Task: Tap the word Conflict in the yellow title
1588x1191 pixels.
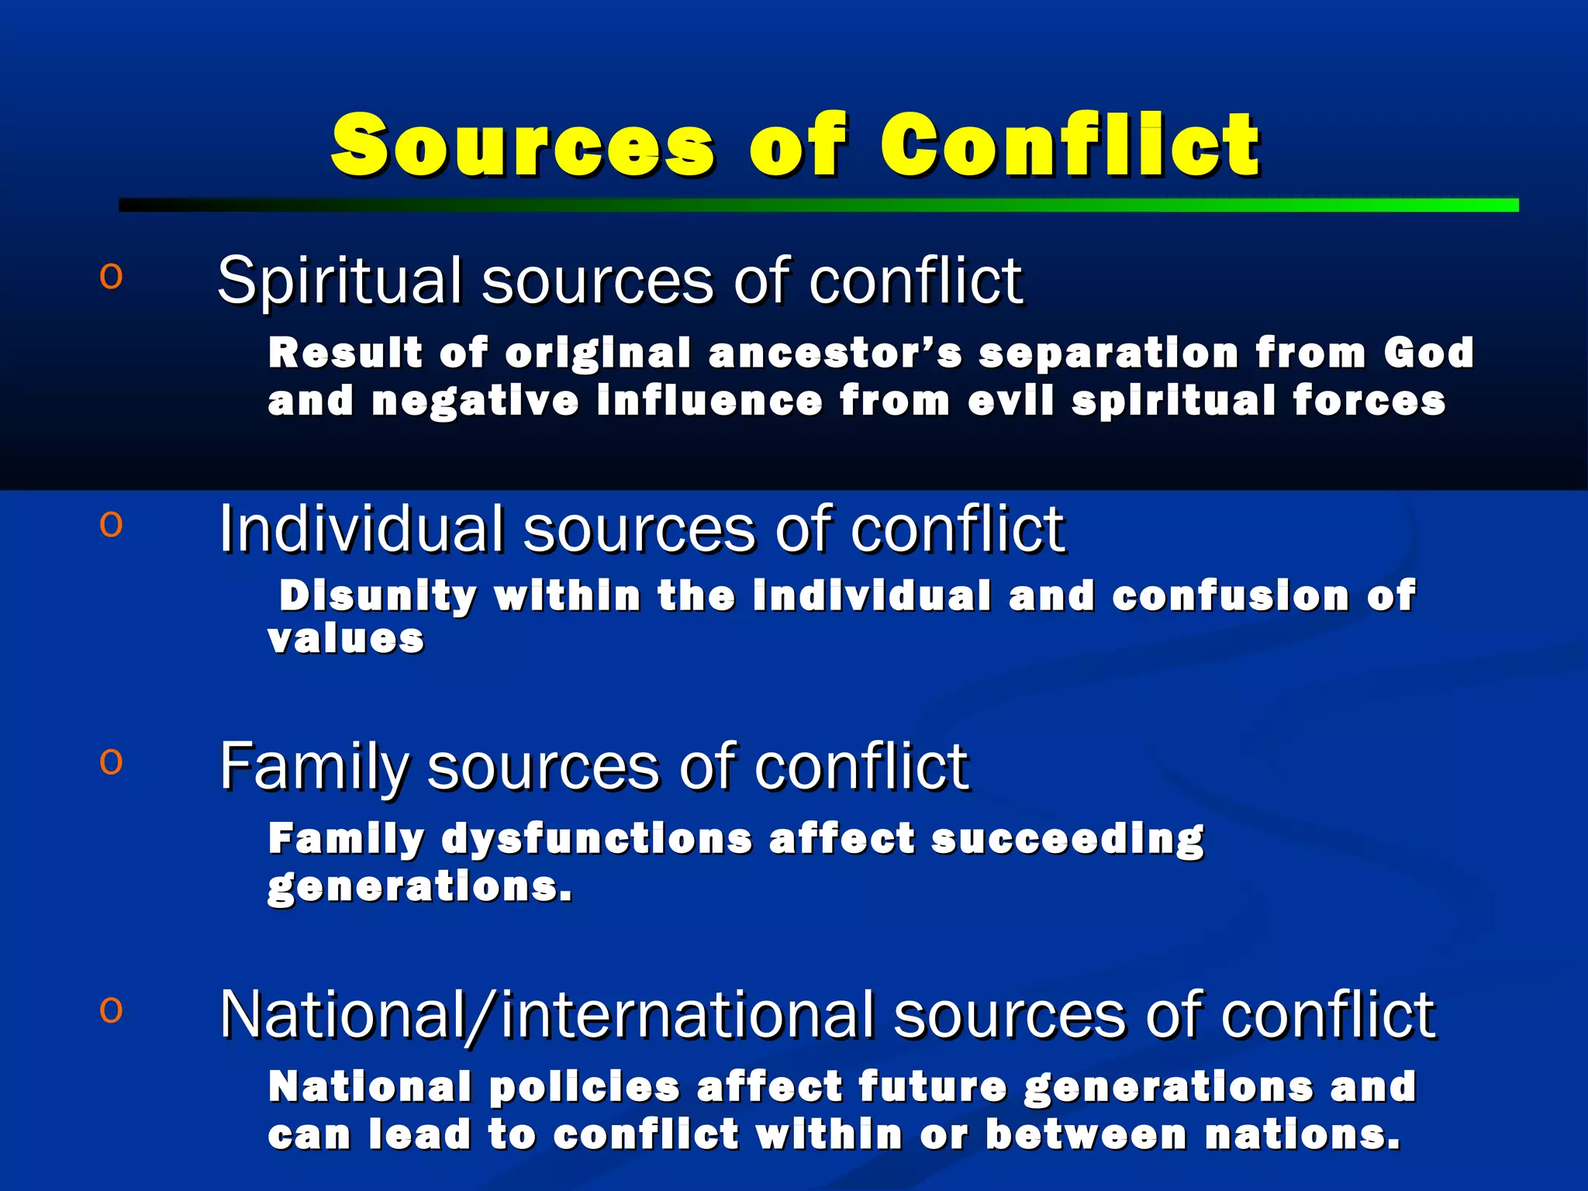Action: tap(1069, 145)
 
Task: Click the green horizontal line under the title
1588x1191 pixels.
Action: tap(818, 205)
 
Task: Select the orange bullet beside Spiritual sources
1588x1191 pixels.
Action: tap(111, 277)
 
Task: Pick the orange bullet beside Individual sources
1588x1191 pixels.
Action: tap(111, 525)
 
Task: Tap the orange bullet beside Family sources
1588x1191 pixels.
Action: tap(111, 762)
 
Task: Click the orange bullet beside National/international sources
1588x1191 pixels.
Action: tap(111, 1010)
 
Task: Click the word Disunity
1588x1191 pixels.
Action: tap(378, 596)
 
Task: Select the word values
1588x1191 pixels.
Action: tap(346, 640)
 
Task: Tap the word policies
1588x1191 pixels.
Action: tap(585, 1087)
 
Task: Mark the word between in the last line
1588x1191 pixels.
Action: tap(1086, 1135)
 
